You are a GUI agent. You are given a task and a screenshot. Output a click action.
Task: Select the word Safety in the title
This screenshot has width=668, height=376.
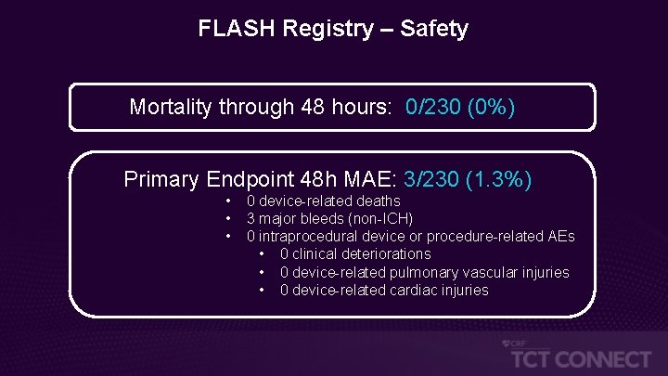pos(434,29)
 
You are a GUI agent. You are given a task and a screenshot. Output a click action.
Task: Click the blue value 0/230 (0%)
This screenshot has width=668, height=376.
pos(460,108)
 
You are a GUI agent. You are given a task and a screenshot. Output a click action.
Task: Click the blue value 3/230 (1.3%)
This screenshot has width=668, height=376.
pos(468,179)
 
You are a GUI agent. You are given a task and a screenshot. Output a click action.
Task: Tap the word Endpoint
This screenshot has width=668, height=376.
pos(252,179)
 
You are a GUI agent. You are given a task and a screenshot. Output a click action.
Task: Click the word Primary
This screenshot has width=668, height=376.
pos(162,179)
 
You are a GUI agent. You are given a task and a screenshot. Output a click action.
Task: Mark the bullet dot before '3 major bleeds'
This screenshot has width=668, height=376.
pos(227,219)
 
